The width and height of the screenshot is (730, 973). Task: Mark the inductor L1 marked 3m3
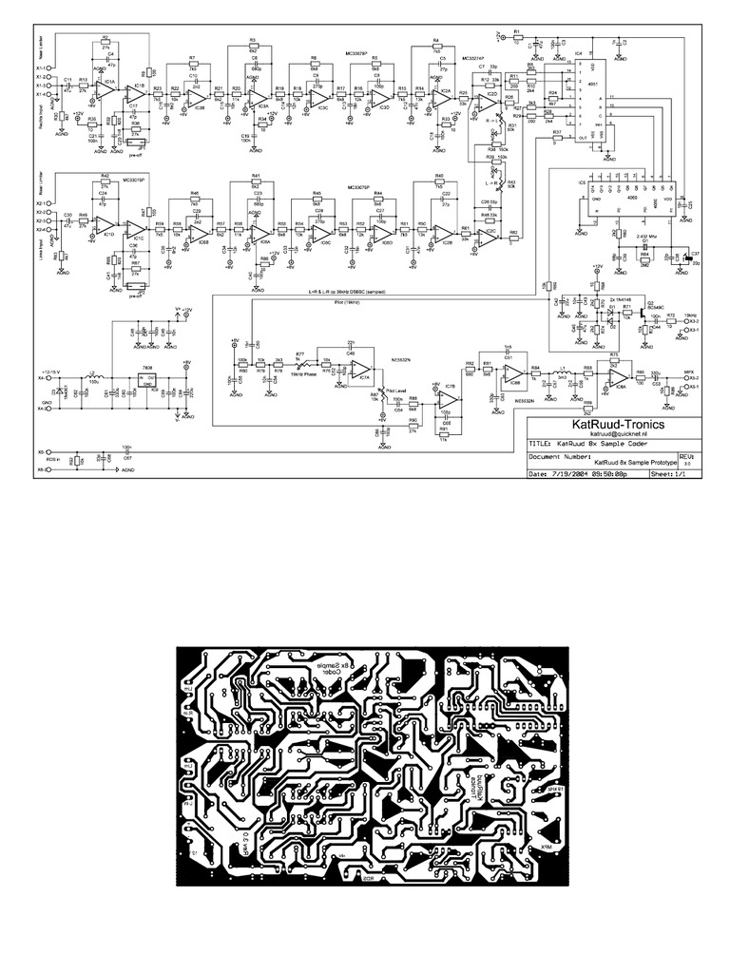(562, 372)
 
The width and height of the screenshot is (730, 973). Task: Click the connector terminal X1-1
(42, 68)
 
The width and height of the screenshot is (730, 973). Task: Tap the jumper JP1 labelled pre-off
(132, 135)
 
